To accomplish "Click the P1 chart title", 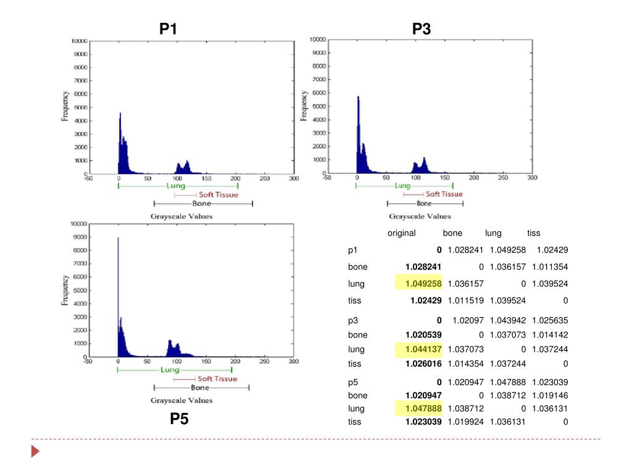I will [168, 28].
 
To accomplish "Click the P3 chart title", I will [422, 28].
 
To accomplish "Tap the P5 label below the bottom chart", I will [179, 420].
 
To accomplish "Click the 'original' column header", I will [401, 233].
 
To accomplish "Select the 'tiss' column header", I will [533, 233].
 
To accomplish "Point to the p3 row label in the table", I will [352, 320].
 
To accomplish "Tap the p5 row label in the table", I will [352, 382].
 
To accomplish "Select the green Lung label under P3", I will [402, 186].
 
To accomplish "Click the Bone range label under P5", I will [200, 388].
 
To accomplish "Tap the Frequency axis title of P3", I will [304, 105].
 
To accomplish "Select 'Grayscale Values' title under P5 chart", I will [181, 400].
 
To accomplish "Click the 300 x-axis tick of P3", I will [531, 178].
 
